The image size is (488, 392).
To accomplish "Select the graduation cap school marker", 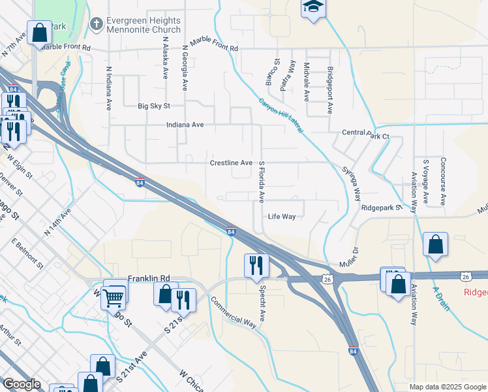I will tap(313, 8).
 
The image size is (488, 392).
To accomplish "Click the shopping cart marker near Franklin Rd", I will tap(115, 296).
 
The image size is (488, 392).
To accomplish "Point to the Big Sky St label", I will tap(154, 106).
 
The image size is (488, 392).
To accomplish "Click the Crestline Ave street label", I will tap(230, 163).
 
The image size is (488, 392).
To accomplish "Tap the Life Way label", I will tap(282, 216).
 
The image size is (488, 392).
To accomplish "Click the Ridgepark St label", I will tap(380, 207).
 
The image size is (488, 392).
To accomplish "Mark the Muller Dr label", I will tap(348, 258).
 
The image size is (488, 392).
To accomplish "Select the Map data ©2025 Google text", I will tap(446, 387).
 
